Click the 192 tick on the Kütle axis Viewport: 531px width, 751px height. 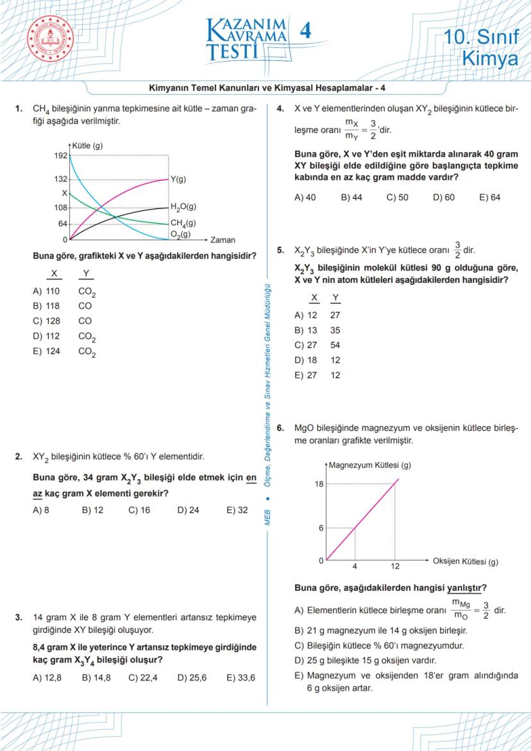click(x=61, y=156)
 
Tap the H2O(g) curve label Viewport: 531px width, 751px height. click(x=183, y=207)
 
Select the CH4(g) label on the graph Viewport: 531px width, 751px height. click(x=183, y=223)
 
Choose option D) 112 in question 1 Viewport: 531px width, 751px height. click(x=46, y=335)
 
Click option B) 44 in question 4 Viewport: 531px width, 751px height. click(x=351, y=198)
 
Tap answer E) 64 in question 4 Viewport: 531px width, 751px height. click(x=490, y=198)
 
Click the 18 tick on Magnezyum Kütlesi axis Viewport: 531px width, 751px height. click(x=319, y=484)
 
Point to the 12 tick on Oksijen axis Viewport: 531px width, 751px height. click(x=396, y=567)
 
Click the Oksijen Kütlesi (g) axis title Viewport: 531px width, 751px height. click(x=465, y=561)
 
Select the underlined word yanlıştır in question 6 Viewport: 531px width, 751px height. click(x=466, y=587)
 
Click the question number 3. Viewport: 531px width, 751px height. click(x=19, y=618)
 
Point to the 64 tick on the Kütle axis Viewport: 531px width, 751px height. click(x=63, y=224)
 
